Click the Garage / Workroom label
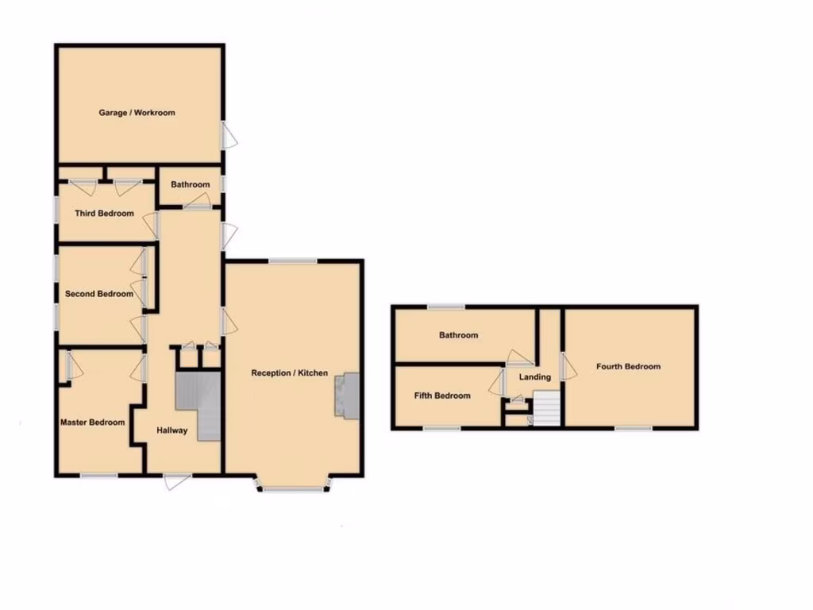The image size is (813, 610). click(x=137, y=113)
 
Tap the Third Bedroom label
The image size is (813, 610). click(x=104, y=214)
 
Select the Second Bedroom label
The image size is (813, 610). click(x=99, y=294)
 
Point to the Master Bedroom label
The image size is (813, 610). click(x=93, y=423)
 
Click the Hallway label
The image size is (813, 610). click(x=171, y=430)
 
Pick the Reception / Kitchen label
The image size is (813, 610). click(x=289, y=373)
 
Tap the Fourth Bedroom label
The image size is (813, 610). click(x=629, y=367)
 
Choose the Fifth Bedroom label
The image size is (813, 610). click(x=442, y=396)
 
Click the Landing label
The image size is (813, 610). click(x=534, y=377)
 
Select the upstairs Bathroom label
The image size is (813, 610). click(x=459, y=335)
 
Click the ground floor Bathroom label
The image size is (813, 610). click(x=190, y=185)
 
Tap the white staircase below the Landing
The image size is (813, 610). click(x=547, y=411)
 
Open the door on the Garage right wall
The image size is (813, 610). click(x=228, y=134)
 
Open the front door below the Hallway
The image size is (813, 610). click(x=177, y=480)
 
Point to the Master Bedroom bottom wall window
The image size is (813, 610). click(x=99, y=476)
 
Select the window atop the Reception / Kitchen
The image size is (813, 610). click(x=292, y=261)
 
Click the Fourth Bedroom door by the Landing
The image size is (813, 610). click(x=567, y=366)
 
